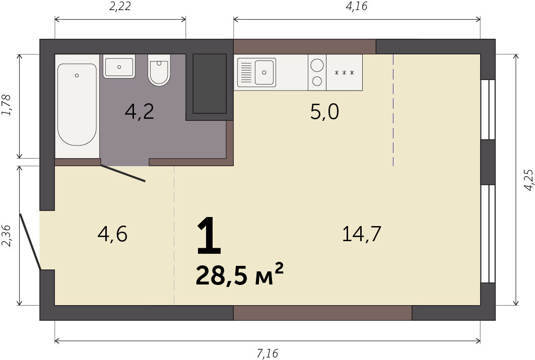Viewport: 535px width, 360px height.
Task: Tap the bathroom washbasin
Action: coord(119,66)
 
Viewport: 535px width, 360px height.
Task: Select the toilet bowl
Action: coord(159,70)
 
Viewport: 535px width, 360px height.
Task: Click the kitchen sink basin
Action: coord(264,73)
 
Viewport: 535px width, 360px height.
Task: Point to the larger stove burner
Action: coord(317,65)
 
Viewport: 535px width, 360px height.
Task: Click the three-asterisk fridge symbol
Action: coord(344,73)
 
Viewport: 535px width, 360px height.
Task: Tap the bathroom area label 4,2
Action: coord(139,112)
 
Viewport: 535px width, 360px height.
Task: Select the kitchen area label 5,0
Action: coord(324,112)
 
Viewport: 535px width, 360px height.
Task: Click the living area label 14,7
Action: coord(361,234)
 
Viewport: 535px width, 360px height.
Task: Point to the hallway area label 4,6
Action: coord(112,234)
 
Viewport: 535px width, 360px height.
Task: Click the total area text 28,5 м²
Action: coord(239,274)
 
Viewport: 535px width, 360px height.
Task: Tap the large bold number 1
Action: coord(209,236)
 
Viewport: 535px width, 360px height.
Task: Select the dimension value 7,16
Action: coord(267,353)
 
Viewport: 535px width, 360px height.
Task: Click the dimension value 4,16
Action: coord(357,7)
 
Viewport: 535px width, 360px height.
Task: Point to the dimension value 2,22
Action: coord(120,7)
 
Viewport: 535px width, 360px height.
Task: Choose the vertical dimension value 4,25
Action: coord(528,180)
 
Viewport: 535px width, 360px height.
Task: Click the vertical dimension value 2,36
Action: coord(7,236)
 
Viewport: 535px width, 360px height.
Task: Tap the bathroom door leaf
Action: coord(123,173)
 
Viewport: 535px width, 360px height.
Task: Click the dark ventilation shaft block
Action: coord(210,84)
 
